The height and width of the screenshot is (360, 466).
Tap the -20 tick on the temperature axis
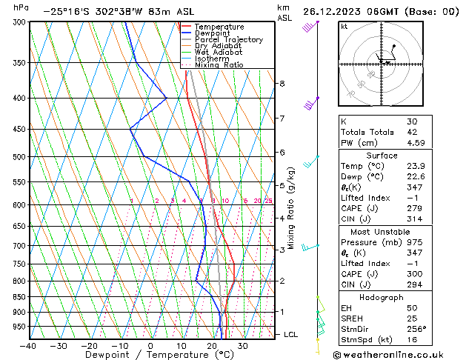click(x=89, y=346)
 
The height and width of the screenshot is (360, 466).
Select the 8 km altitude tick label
click(x=282, y=84)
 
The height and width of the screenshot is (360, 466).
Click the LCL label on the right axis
click(x=291, y=335)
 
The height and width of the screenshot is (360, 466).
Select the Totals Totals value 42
click(x=411, y=133)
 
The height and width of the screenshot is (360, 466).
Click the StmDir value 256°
click(x=416, y=329)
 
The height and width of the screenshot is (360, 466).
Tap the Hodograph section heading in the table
click(x=382, y=297)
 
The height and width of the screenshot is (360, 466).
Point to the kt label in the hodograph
click(x=344, y=26)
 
